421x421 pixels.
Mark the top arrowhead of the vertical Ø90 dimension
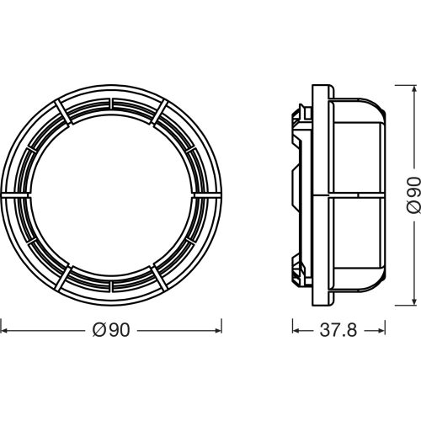pos(413,88)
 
